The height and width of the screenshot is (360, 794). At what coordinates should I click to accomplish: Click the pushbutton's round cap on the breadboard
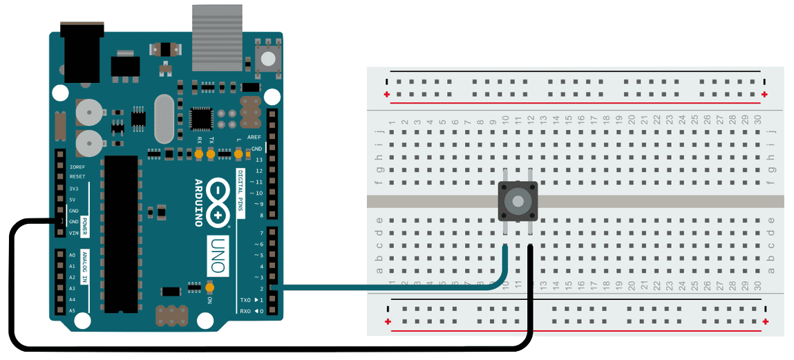pos(518,201)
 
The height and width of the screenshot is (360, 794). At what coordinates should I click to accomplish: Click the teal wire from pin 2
pos(387,287)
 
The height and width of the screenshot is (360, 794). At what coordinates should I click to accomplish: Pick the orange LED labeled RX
pos(199,156)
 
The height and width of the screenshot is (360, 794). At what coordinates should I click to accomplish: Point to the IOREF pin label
pos(77,167)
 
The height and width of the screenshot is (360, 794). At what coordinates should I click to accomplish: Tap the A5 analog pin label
pos(72,311)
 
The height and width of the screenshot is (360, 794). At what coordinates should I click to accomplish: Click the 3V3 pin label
pos(73,189)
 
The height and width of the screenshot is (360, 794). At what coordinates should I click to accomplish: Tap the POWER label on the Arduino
pos(84,227)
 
